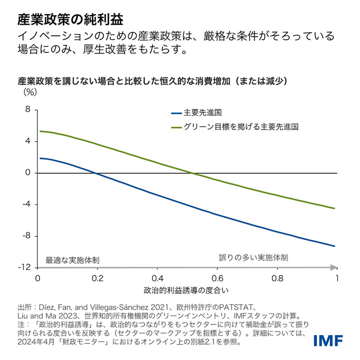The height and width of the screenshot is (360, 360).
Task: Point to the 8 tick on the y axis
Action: [28, 109]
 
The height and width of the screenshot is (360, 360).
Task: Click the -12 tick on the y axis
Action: [24, 267]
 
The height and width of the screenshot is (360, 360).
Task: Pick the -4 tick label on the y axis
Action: [26, 204]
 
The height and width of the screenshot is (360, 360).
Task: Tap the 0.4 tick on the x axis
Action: [157, 278]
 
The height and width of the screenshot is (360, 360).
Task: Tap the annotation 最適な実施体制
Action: [72, 260]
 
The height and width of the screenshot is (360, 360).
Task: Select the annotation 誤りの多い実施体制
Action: [253, 258]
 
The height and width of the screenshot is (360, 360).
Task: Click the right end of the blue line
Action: [334, 246]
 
